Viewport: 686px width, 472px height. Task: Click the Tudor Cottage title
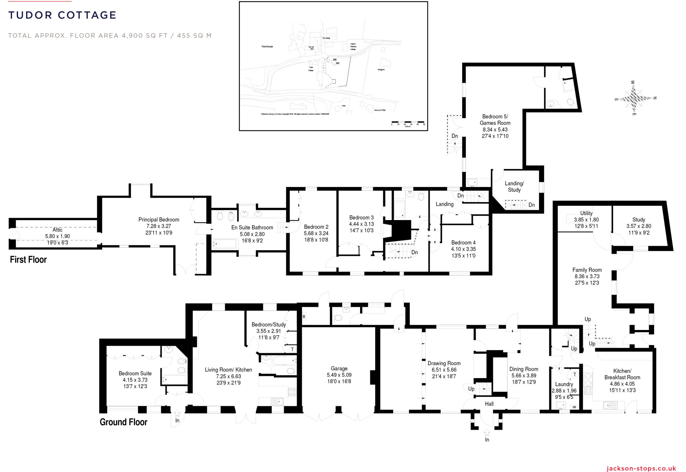[x=62, y=15]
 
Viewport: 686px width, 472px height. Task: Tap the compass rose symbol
[x=634, y=98]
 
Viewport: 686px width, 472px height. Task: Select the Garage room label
[x=339, y=368]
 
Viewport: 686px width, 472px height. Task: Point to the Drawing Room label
[x=444, y=363]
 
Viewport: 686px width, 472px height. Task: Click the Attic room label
[x=57, y=230]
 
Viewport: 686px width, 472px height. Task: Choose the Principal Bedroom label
[x=159, y=220]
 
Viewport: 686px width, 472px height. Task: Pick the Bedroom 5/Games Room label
[x=495, y=120]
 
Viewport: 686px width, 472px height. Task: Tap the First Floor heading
[x=28, y=260]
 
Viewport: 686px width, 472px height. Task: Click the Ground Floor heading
[x=123, y=422]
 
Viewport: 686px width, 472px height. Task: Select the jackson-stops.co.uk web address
[x=641, y=468]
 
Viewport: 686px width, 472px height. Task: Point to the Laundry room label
[x=564, y=384]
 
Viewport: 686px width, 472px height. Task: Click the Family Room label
[x=587, y=270]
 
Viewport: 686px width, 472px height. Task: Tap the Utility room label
[x=586, y=213]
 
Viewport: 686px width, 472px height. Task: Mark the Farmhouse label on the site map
[x=267, y=47]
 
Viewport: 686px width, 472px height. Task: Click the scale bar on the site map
[x=408, y=122]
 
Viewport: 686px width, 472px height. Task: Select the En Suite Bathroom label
[x=252, y=227]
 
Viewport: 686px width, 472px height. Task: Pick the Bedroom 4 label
[x=463, y=243]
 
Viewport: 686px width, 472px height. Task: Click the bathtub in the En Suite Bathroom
[x=224, y=244]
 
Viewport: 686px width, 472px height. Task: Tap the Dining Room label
[x=524, y=369]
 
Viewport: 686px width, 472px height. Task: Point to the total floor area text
[x=110, y=36]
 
